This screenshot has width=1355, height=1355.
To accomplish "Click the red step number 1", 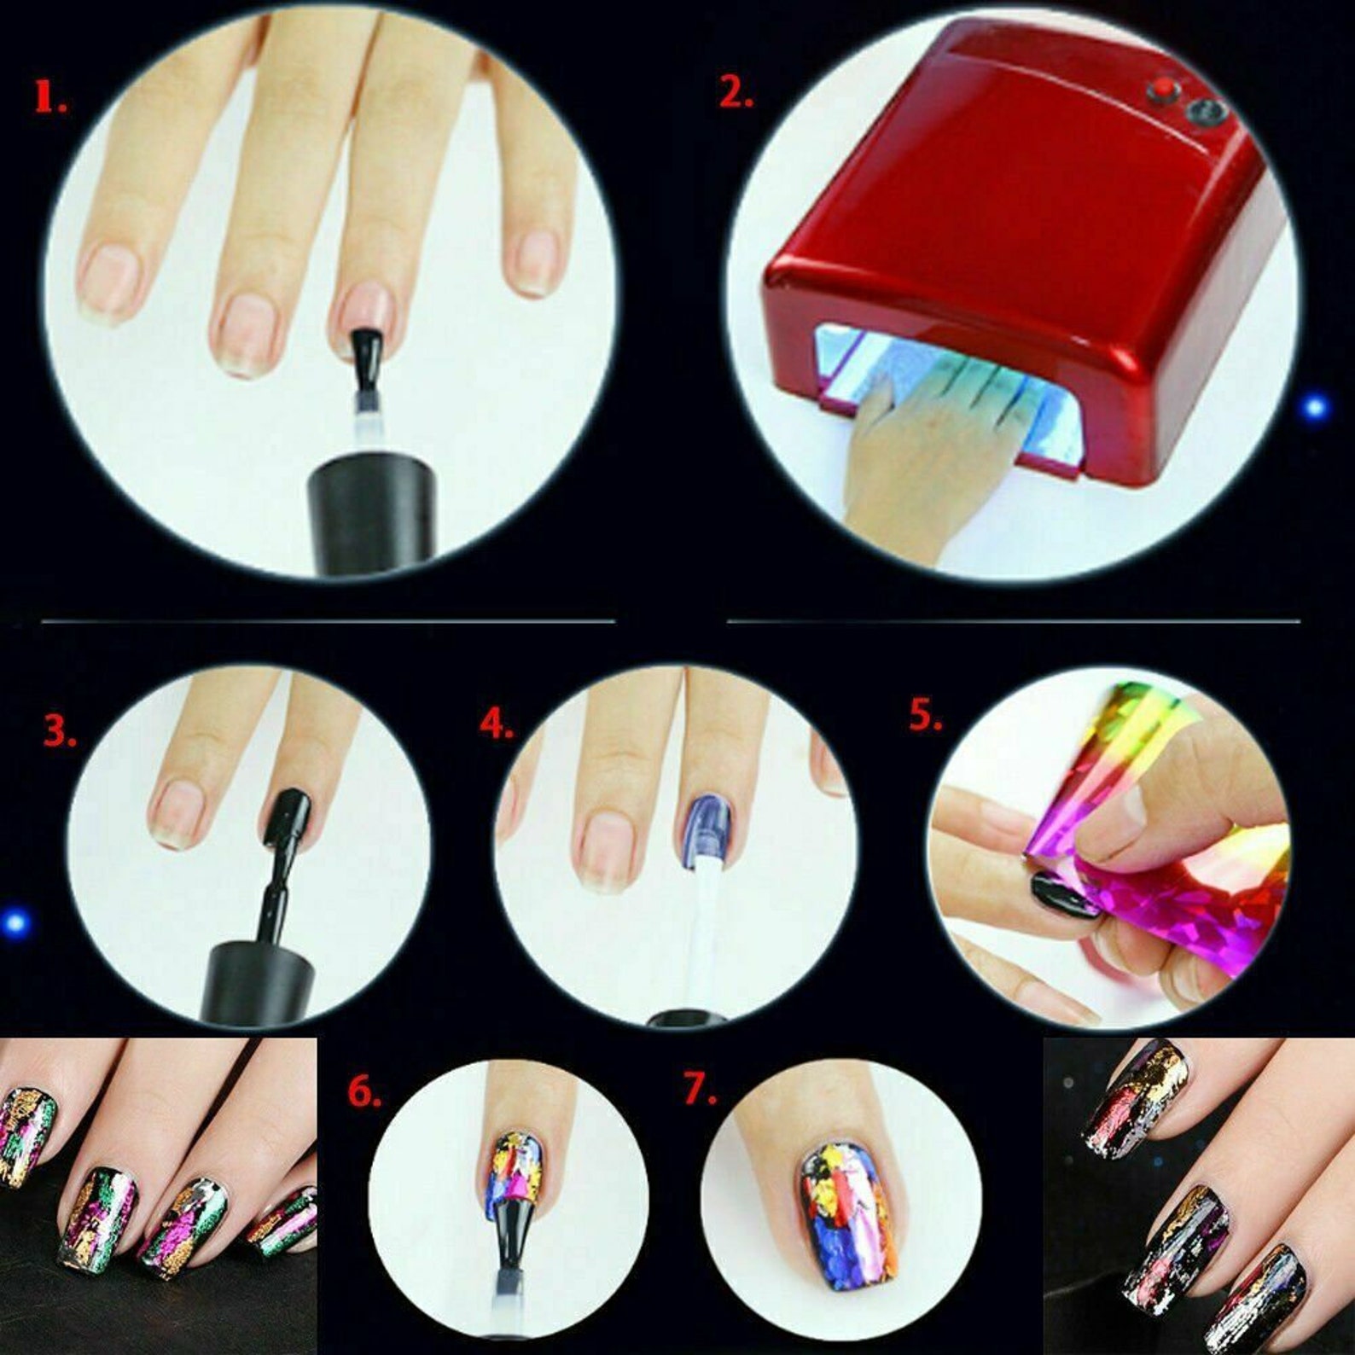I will [49, 97].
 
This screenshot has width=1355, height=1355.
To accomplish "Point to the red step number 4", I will [496, 724].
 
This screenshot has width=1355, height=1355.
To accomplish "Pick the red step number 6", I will [363, 1092].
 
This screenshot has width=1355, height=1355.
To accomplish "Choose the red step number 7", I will [700, 1090].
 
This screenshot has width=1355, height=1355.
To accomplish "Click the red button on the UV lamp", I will [1161, 89].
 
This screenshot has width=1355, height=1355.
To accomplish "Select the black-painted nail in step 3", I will [288, 813].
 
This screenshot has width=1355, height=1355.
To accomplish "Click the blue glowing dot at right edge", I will [1315, 407].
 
